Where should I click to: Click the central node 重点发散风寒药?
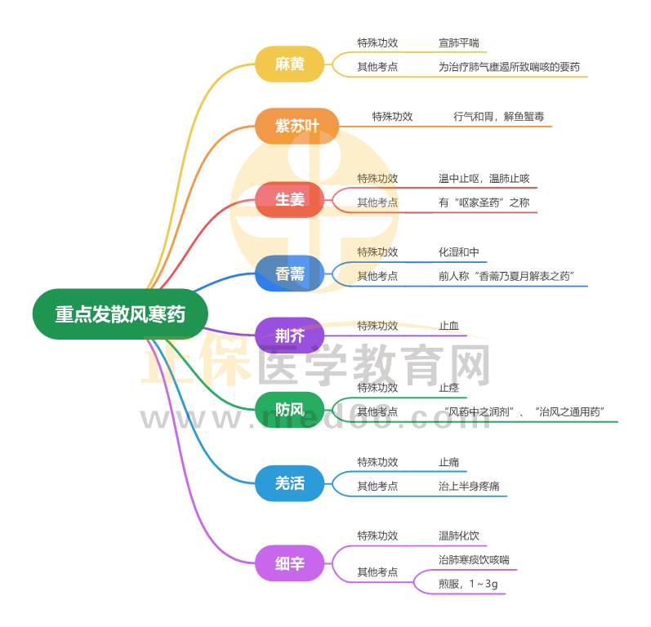(120, 314)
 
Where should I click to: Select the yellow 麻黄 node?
(290, 64)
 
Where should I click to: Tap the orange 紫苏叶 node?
(296, 126)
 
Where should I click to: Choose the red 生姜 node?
(290, 199)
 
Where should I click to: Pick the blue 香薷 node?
(290, 273)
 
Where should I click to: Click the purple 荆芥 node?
(290, 336)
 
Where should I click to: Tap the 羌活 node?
(290, 483)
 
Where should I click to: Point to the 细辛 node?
(290, 563)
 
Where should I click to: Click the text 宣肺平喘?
(459, 43)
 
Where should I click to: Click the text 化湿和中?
(459, 252)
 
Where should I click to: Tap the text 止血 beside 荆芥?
(448, 326)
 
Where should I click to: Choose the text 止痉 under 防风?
(448, 388)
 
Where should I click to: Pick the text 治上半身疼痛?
(469, 487)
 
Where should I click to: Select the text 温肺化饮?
(459, 536)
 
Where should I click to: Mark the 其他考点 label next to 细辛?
(377, 572)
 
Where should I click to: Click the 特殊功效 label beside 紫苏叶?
(392, 117)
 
